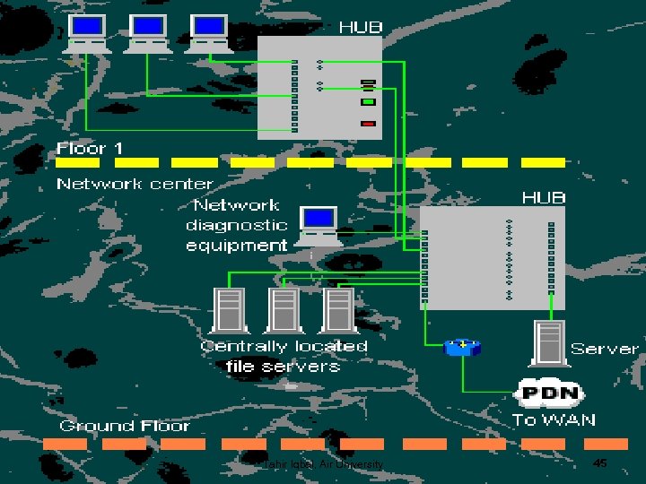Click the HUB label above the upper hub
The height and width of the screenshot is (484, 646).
click(x=360, y=27)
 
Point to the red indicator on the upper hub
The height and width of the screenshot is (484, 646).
click(x=368, y=123)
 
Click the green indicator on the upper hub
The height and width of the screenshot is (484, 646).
click(x=368, y=102)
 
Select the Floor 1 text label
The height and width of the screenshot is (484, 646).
click(x=90, y=148)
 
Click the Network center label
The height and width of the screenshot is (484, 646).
click(x=135, y=184)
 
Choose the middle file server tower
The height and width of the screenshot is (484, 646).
click(x=284, y=309)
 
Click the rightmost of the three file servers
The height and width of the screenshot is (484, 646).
click(x=338, y=309)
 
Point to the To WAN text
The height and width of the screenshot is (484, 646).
click(x=554, y=419)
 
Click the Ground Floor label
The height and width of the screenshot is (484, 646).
click(x=125, y=426)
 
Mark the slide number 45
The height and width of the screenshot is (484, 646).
click(x=600, y=462)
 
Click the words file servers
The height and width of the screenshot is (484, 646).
click(x=284, y=366)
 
